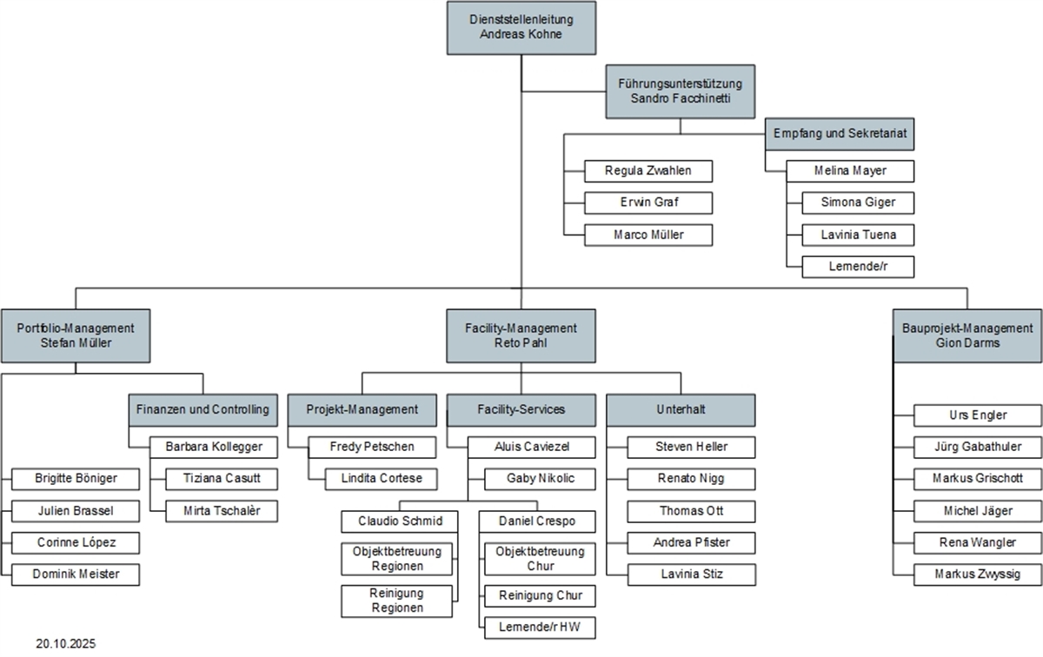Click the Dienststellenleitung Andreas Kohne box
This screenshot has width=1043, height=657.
coord(521,28)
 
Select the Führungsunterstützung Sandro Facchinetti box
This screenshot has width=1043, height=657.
coord(680,91)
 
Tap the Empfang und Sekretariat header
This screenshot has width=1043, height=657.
coord(840,135)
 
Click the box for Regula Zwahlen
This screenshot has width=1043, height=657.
coord(648,171)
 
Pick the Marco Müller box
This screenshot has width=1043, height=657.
coord(648,235)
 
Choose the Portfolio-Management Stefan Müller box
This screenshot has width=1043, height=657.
coord(76,335)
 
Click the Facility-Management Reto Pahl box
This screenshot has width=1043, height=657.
coord(521,335)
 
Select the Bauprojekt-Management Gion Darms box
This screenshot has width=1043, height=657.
coord(967,335)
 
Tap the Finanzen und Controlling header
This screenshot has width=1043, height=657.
coord(203,408)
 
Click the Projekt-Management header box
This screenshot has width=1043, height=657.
coord(362,408)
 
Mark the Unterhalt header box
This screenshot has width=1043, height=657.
coord(681,408)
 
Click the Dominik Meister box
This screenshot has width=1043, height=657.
coord(76,574)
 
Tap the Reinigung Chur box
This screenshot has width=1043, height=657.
coord(540,595)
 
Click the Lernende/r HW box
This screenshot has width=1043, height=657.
coord(540,627)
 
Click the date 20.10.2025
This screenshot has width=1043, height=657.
coord(66,644)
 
